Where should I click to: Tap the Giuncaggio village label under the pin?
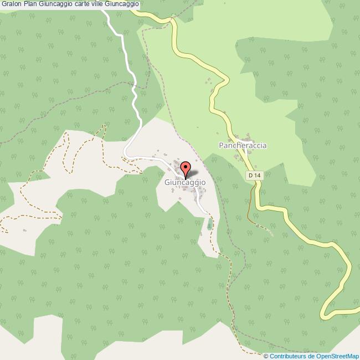(x=185, y=182)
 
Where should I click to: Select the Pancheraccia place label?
(x=243, y=146)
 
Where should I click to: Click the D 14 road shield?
(x=253, y=175)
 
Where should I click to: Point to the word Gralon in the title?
(x=11, y=4)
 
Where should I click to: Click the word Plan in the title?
(x=30, y=4)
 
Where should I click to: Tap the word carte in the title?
(x=80, y=4)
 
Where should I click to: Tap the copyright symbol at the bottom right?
(x=266, y=356)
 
